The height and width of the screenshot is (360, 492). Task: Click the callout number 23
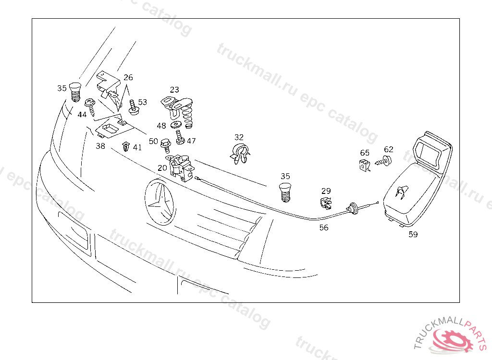(x=174, y=90)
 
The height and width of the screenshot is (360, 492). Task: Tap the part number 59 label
(x=413, y=234)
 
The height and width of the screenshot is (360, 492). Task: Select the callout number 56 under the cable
(x=324, y=228)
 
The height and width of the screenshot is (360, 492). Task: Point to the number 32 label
(x=239, y=137)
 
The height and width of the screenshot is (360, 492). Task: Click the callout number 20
(x=162, y=168)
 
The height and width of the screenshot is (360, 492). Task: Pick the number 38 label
(x=100, y=146)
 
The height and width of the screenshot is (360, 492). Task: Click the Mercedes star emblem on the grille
(x=160, y=202)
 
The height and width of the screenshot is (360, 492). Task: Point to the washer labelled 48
(x=176, y=125)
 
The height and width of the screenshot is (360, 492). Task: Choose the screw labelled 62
(x=384, y=161)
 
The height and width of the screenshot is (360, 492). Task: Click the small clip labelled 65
(x=365, y=165)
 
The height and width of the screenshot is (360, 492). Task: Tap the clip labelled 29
(x=326, y=203)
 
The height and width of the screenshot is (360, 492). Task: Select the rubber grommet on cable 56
(x=353, y=208)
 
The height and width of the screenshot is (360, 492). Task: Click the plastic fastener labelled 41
(x=126, y=146)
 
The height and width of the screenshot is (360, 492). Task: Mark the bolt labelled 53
(x=134, y=107)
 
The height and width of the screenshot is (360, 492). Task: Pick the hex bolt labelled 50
(x=165, y=146)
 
